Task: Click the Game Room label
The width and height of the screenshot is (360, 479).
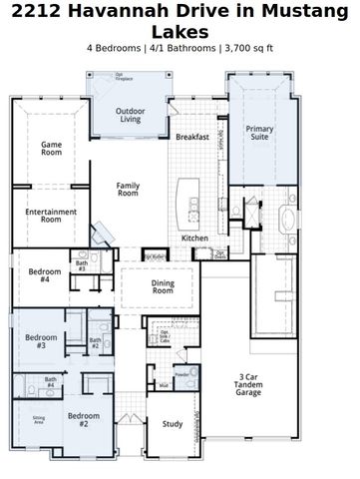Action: pyautogui.click(x=51, y=149)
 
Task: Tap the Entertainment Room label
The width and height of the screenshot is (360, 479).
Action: pyautogui.click(x=51, y=214)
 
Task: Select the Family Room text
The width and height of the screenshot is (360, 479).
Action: pyautogui.click(x=128, y=190)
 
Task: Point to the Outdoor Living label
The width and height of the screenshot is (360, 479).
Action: pyautogui.click(x=131, y=115)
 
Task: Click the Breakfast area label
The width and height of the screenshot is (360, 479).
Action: pyautogui.click(x=191, y=137)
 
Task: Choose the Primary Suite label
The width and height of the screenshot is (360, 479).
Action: pyautogui.click(x=259, y=132)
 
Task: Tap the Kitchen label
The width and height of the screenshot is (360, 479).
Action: pyautogui.click(x=194, y=238)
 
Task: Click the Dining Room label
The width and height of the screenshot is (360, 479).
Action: pyautogui.click(x=163, y=286)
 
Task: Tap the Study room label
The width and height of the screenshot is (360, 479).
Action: pyautogui.click(x=173, y=424)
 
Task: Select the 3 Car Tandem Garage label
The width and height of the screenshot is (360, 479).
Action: pyautogui.click(x=248, y=384)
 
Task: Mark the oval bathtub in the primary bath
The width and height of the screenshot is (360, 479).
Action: pyautogui.click(x=288, y=221)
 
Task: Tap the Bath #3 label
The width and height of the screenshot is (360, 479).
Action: pyautogui.click(x=81, y=266)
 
